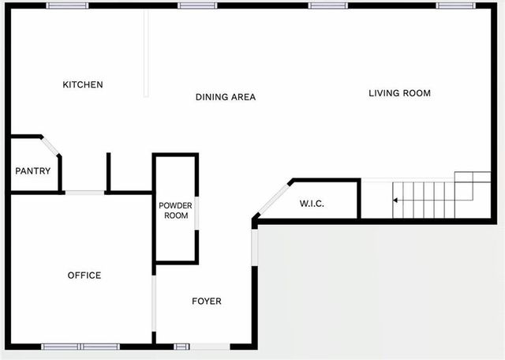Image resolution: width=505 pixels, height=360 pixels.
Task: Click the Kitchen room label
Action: tap(83, 84)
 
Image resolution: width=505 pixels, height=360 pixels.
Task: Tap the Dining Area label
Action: tap(226, 97)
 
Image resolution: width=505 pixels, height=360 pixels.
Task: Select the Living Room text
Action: tap(399, 93)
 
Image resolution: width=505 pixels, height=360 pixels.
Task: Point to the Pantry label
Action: tap(33, 171)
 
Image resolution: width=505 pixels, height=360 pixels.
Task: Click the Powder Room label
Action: tap(175, 210)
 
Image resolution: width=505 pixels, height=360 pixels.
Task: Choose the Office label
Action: tap(84, 276)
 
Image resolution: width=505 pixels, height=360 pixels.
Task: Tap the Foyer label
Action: tap(207, 302)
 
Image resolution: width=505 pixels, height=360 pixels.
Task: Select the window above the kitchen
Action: tap(67, 6)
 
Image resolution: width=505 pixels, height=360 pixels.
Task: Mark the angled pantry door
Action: tap(49, 146)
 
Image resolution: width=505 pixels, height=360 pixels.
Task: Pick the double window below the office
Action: tap(80, 346)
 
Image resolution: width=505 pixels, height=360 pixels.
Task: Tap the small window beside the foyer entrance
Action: tap(182, 346)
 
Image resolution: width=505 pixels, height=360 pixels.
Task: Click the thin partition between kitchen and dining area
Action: tap(146, 53)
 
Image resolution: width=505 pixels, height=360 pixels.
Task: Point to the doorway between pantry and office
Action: tap(84, 192)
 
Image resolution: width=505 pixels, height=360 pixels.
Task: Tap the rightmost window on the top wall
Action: tap(456, 6)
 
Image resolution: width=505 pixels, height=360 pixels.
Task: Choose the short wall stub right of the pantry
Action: tap(108, 172)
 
